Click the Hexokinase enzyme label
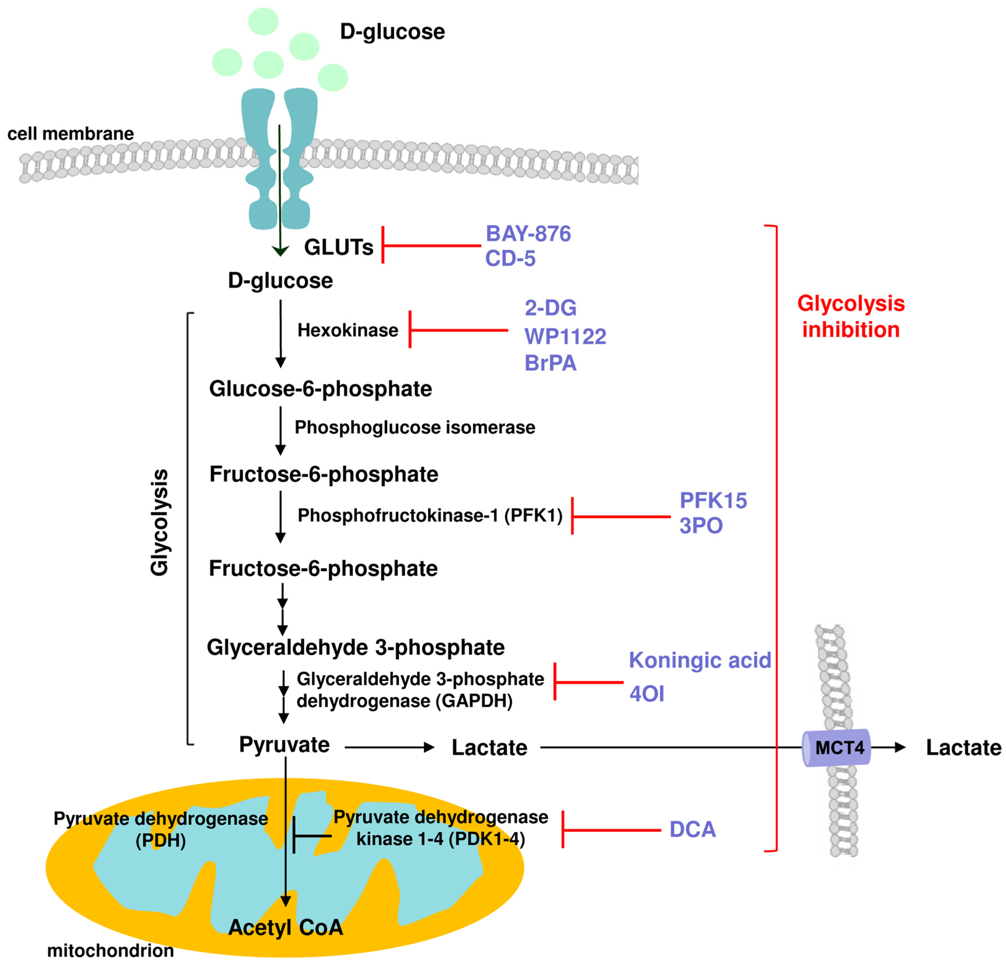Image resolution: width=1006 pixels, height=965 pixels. [x=347, y=330]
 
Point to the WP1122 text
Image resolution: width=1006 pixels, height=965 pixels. [x=565, y=336]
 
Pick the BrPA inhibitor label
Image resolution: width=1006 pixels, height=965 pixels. [x=550, y=363]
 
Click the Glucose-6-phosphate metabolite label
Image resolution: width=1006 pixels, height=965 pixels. [x=320, y=389]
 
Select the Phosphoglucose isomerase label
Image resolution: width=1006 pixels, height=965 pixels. [x=414, y=427]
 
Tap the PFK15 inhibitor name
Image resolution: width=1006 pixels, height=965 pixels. [x=713, y=500]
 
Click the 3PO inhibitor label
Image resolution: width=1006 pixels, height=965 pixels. [x=701, y=525]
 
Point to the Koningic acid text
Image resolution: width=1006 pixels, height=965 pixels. [x=700, y=661]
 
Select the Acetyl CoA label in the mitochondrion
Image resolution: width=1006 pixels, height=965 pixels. [x=285, y=928]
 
